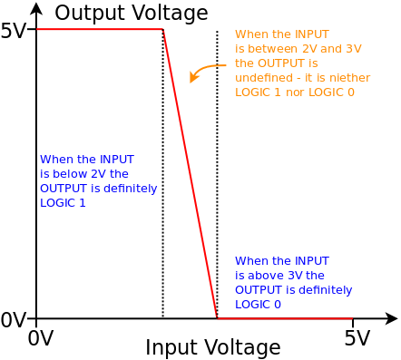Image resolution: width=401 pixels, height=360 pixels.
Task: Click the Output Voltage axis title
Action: coord(131,13)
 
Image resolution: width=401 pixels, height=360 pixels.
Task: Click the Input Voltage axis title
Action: coord(212,347)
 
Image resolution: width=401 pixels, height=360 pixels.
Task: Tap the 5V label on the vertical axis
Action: coord(13,31)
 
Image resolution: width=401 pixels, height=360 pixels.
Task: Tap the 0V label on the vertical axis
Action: coord(13,319)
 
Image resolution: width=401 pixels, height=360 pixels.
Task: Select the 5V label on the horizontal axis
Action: coord(357,338)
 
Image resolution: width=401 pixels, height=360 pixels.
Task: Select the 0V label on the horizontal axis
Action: coord(40,338)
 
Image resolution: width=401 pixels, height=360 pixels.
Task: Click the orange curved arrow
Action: coord(205,70)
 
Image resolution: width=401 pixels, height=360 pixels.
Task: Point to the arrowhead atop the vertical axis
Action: coord(36,8)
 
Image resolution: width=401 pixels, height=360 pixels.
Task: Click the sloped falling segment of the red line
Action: coord(190,172)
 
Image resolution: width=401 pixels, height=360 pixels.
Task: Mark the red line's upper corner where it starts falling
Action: coord(163,30)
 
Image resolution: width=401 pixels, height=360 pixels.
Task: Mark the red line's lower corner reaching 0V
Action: coord(217,318)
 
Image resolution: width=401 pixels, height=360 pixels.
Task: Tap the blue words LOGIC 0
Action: coord(258,305)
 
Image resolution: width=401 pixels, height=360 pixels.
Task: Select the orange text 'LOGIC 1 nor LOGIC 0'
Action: coord(294,92)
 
